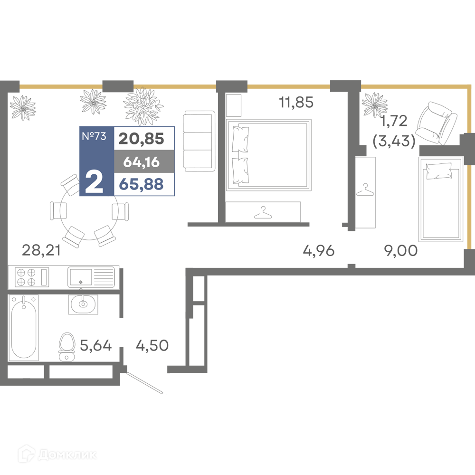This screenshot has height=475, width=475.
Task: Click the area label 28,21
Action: (x=41, y=250)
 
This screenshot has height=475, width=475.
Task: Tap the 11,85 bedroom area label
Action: (x=296, y=102)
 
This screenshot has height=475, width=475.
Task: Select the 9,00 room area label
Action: (x=401, y=250)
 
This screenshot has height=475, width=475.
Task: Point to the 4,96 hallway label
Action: (x=319, y=250)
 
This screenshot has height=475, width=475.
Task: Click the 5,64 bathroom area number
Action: (x=96, y=345)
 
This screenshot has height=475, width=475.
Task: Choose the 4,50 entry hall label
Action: (x=152, y=345)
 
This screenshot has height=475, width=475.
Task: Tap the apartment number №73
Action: (x=94, y=136)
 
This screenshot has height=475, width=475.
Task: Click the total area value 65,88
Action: (x=142, y=184)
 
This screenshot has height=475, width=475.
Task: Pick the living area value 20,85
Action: (x=142, y=139)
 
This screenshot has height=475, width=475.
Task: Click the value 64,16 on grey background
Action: (x=142, y=162)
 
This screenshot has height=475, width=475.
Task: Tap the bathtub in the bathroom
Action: (x=24, y=327)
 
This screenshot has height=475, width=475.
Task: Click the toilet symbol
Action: (x=66, y=347)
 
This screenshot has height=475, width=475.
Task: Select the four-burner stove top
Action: (x=26, y=277)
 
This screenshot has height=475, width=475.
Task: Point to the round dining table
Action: (x=89, y=211)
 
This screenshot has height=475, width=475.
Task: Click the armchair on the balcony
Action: (x=437, y=123)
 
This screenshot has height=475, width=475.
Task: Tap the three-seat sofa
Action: (x=199, y=141)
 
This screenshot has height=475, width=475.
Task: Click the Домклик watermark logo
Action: (x=57, y=455)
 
